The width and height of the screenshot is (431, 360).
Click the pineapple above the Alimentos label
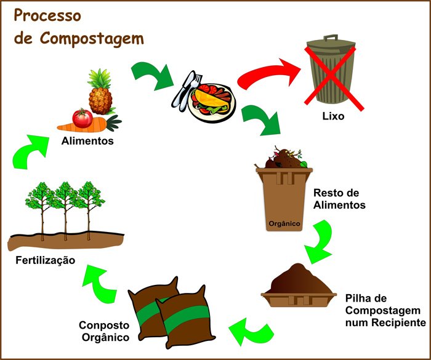point(100,94)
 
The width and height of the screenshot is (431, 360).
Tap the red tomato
point(81,117)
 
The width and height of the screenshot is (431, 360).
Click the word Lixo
point(332,116)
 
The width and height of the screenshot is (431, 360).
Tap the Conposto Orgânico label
point(103,331)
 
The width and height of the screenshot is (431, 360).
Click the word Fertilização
point(46,260)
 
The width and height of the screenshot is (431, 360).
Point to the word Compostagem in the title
point(92,38)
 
